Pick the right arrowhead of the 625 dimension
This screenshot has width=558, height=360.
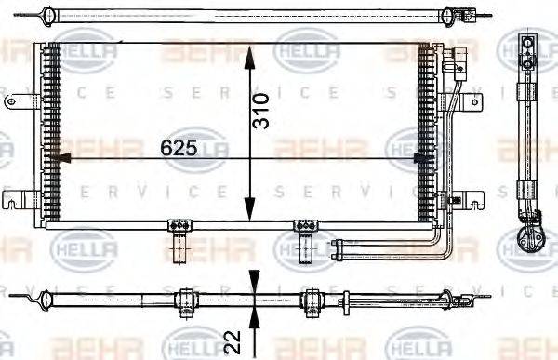[x=426, y=158]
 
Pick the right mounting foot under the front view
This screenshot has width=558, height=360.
[x=303, y=236]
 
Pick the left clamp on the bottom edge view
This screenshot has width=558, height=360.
[x=184, y=300]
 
